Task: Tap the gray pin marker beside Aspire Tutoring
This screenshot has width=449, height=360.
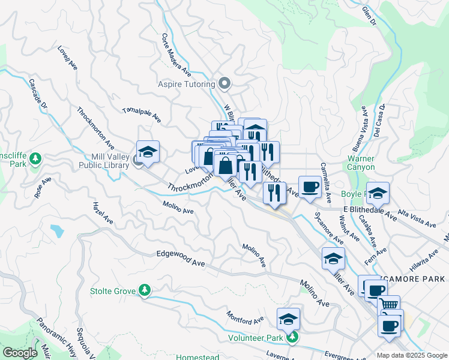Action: [225, 83]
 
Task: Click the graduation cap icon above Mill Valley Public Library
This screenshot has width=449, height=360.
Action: [148, 151]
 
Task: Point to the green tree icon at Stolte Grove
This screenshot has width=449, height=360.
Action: [144, 291]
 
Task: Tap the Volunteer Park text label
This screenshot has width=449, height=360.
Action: [255, 338]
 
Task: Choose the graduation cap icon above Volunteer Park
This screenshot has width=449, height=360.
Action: [288, 318]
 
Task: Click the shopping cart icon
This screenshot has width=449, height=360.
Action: [389, 305]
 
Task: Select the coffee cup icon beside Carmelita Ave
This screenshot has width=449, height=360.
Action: [310, 187]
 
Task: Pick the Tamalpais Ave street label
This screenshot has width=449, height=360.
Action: [142, 115]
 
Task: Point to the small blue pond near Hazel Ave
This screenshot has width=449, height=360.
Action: [57, 230]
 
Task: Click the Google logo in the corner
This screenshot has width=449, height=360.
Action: [19, 353]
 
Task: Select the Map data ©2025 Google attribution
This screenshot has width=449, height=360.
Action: [412, 355]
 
